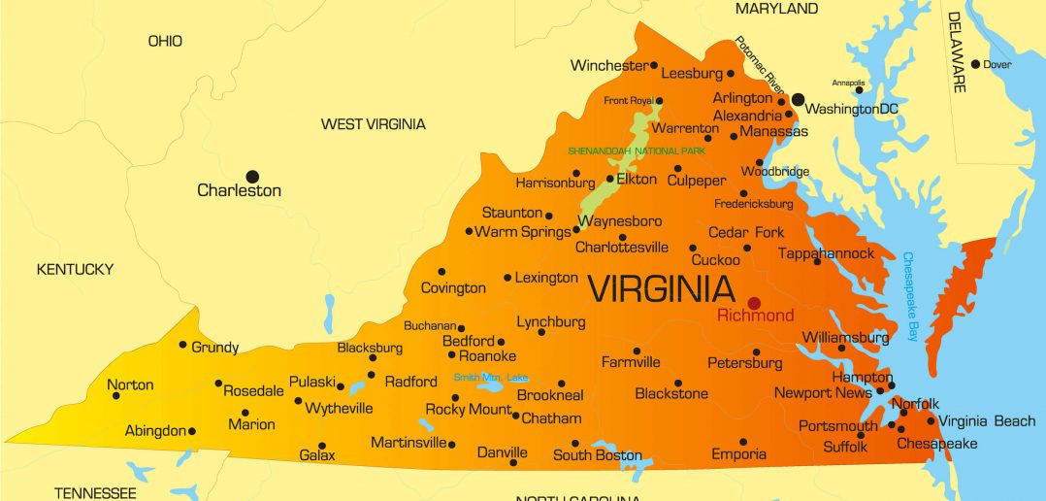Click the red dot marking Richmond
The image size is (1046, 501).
(x=753, y=303)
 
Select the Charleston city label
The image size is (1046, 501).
(x=239, y=190)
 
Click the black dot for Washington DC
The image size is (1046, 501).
(x=798, y=99)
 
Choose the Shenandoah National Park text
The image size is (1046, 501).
(x=637, y=150)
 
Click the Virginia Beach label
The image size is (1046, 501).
(x=987, y=421)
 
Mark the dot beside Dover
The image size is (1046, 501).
(x=975, y=64)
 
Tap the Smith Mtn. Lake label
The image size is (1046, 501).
(x=491, y=377)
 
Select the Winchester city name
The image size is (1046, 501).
(x=608, y=66)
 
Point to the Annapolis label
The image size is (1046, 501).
(x=848, y=83)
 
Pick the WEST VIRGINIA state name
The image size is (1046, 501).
(x=373, y=124)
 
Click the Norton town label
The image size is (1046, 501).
(x=130, y=384)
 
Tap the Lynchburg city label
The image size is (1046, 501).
(x=550, y=321)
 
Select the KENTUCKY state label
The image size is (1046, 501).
(x=75, y=269)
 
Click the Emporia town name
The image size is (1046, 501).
(x=738, y=454)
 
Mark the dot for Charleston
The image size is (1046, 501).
(x=252, y=176)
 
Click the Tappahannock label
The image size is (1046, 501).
(x=826, y=253)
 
